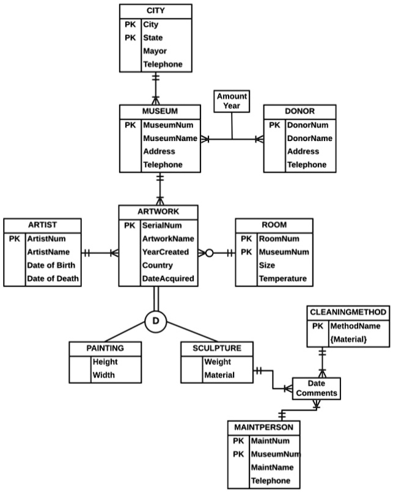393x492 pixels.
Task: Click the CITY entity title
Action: pos(155,11)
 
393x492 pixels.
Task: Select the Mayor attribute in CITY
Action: pos(155,51)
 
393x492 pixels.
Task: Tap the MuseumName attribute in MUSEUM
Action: pos(169,138)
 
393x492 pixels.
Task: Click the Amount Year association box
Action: pos(232,101)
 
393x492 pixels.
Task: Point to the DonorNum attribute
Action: pos(307,125)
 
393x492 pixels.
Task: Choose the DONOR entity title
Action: pos(299,112)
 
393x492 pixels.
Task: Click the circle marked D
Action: pos(155,320)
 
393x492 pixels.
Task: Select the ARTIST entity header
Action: pos(42,225)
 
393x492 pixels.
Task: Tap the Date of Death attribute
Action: pos(53,279)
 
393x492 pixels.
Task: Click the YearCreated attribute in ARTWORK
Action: pos(166,252)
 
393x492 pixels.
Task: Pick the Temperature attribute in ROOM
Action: pos(282,279)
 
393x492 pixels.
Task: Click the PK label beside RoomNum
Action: pos(246,239)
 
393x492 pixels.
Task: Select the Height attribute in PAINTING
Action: pos(105,362)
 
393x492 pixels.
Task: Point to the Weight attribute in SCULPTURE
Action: pos(218,362)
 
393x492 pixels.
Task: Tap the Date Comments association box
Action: pos(316,388)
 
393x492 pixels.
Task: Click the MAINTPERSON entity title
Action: pos(263,426)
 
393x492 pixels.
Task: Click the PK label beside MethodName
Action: pos(317,326)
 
